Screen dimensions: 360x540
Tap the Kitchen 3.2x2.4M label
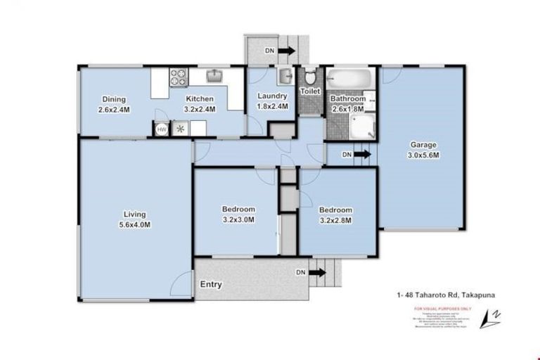pyautogui.click(x=199, y=104)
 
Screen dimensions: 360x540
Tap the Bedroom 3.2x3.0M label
pyautogui.click(x=238, y=214)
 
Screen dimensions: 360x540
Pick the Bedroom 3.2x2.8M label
pyautogui.click(x=335, y=214)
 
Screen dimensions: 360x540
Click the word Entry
pyautogui.click(x=212, y=285)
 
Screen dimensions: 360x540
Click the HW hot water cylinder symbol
pyautogui.click(x=161, y=129)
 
